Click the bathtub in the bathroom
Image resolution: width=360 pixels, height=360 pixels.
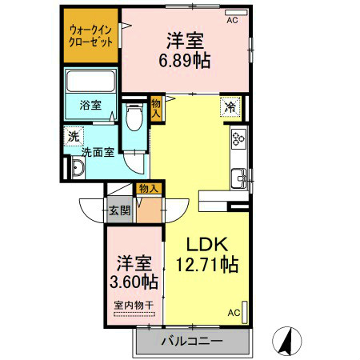pyautogui.click(x=90, y=81)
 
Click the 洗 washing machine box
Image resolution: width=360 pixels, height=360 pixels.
pyautogui.click(x=74, y=136)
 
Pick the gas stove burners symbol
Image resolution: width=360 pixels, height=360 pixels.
pyautogui.click(x=238, y=140)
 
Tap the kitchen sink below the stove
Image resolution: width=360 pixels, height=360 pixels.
pyautogui.click(x=238, y=177)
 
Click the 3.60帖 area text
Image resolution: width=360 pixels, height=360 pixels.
pyautogui.click(x=132, y=281)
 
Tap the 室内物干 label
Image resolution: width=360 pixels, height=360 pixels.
pyautogui.click(x=132, y=306)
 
